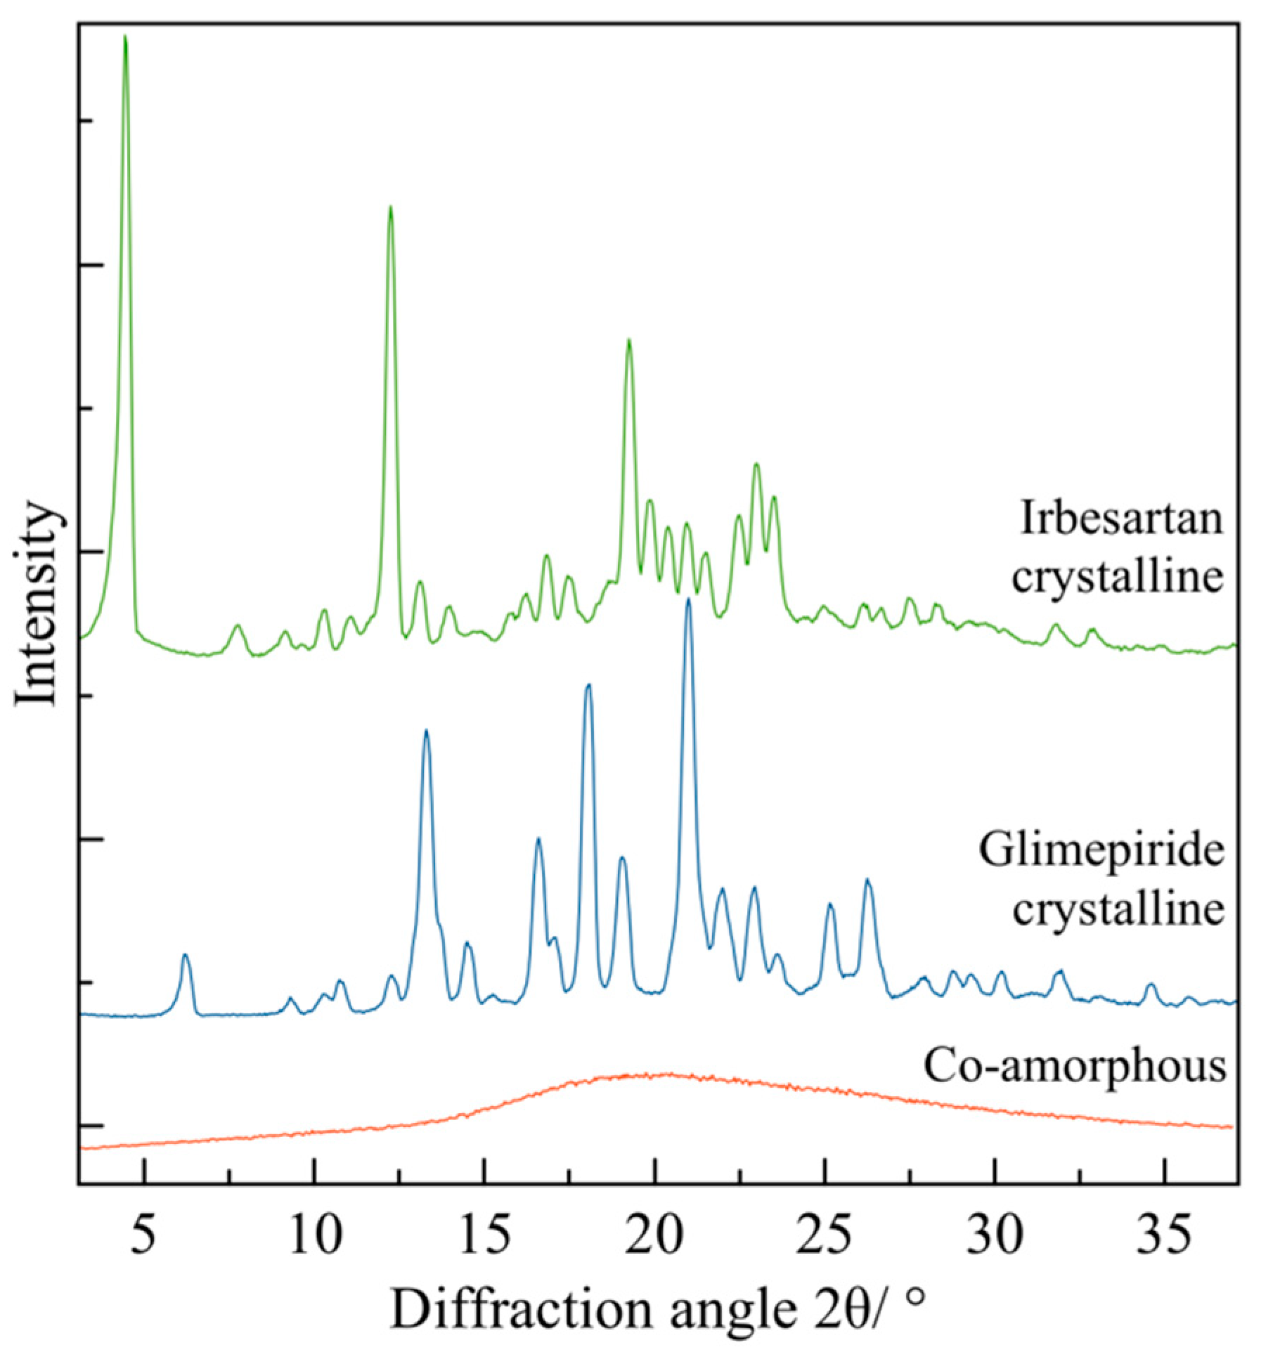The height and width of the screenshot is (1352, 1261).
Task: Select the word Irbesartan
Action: [1122, 519]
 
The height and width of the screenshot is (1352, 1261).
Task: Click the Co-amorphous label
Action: [1075, 1065]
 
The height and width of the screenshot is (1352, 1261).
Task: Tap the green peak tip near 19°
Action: [628, 341]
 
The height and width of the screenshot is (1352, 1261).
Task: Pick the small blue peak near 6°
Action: [185, 955]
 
